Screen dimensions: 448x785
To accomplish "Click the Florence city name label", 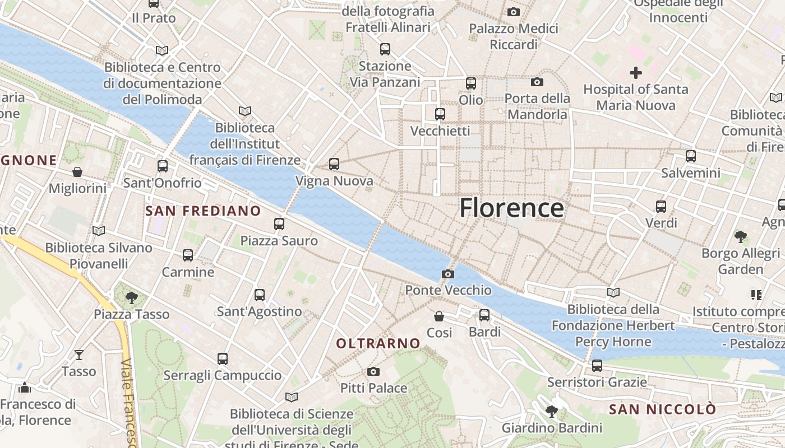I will pos(511,208).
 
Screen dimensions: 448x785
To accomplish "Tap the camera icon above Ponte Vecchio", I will pos(447,274).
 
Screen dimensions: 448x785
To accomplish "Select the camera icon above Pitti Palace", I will pos(373,371).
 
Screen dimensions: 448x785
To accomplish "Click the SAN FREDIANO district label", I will pos(203,211).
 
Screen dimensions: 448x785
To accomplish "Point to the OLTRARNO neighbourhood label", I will pos(378,343).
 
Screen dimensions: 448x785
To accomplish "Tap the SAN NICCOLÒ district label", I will pos(662,409).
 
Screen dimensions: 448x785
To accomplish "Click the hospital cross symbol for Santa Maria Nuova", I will pos(635,72).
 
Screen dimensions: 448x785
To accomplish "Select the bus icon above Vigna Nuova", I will pos(334,164).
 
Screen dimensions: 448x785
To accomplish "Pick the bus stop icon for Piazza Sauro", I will pos(279,224).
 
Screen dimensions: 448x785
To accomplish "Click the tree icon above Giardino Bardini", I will pos(552,412).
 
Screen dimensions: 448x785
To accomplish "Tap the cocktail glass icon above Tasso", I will pos(79,354).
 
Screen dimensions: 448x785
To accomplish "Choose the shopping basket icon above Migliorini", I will pos(77,171).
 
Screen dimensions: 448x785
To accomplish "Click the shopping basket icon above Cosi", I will pos(439,316).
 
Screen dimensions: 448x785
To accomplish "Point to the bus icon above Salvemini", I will pos(690,156).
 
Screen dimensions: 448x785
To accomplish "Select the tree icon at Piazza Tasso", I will pos(132,297).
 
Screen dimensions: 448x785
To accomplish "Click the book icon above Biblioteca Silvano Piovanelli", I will pos(99,231).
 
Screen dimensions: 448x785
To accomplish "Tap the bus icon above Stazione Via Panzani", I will pos(385,49).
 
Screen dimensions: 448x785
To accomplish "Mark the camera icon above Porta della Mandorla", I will pos(537,82).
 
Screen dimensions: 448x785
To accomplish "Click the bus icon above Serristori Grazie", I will pos(597,366).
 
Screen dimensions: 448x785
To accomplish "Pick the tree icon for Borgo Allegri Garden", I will pos(740,237).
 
